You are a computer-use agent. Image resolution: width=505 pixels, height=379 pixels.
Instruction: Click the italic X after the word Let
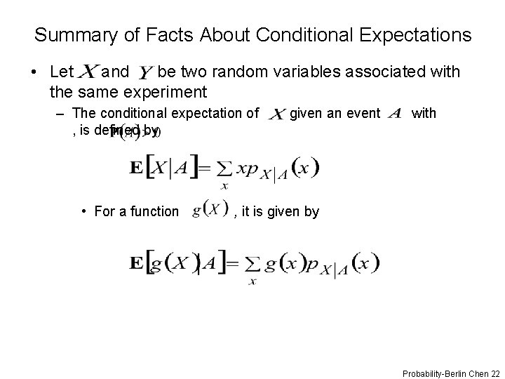tap(89, 71)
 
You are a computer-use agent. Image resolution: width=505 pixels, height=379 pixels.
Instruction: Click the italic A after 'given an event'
tap(394, 113)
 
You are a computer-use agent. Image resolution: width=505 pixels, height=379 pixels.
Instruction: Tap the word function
tap(155, 211)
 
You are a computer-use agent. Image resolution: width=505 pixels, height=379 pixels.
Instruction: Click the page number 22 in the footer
tap(494, 371)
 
